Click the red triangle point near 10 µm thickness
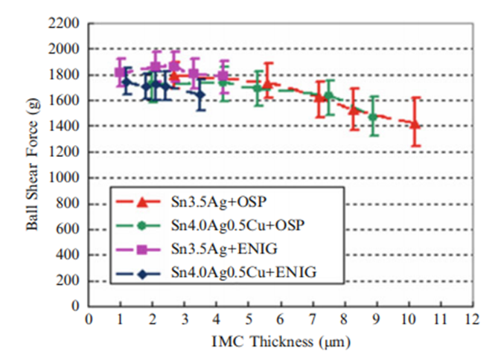click(415, 124)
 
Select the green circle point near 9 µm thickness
click(372, 116)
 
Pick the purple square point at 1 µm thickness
click(120, 72)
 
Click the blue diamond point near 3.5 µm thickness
click(200, 94)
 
